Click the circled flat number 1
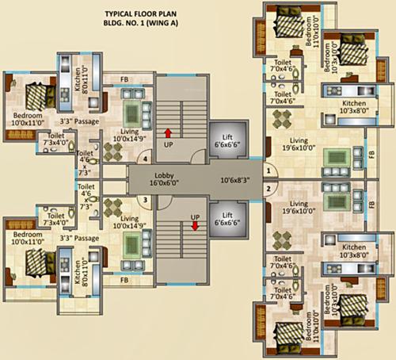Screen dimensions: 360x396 [x=268, y=170]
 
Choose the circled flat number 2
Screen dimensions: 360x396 [x=268, y=188]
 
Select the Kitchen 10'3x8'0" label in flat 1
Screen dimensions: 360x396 [x=353, y=109]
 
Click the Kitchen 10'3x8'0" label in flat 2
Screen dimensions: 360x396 [x=352, y=251]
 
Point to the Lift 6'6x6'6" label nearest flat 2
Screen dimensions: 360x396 [x=227, y=218]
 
